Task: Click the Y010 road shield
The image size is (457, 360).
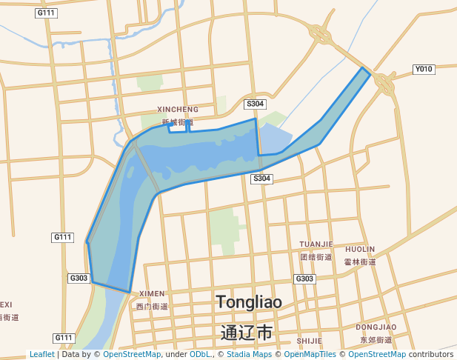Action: pyautogui.click(x=423, y=70)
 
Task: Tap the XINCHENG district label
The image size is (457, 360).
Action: pyautogui.click(x=178, y=110)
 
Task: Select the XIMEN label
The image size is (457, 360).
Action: pyautogui.click(x=152, y=294)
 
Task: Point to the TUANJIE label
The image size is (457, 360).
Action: pyautogui.click(x=316, y=244)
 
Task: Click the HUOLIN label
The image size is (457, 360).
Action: pyautogui.click(x=360, y=250)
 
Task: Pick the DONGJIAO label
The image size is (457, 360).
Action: pyautogui.click(x=376, y=327)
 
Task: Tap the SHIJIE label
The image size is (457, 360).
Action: pyautogui.click(x=309, y=341)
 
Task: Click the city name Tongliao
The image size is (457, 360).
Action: pyautogui.click(x=248, y=301)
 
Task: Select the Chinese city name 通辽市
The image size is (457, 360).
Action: pyautogui.click(x=247, y=332)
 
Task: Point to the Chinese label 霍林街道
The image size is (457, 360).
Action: pyautogui.click(x=360, y=261)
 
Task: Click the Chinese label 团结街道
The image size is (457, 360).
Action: pyautogui.click(x=316, y=257)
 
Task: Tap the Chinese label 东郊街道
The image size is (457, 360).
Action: pyautogui.click(x=376, y=339)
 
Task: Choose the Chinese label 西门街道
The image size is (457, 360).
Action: pyautogui.click(x=152, y=306)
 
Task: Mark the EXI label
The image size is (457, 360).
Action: pyautogui.click(x=6, y=304)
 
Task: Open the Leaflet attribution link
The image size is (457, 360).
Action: pyautogui.click(x=41, y=355)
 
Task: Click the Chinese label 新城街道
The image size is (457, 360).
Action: pyautogui.click(x=178, y=122)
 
